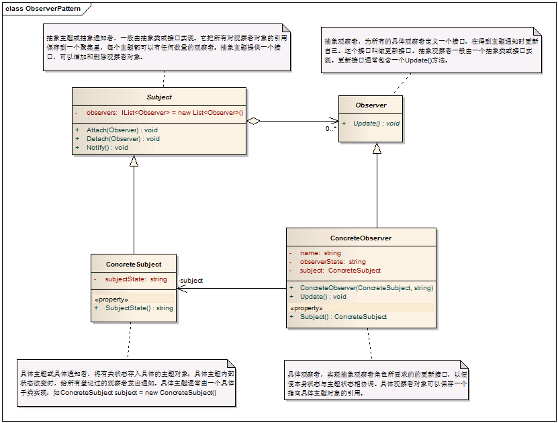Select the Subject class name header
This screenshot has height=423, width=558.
pyautogui.click(x=159, y=97)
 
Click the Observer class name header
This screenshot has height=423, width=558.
pyautogui.click(x=371, y=105)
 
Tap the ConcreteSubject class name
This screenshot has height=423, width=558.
pyautogui.click(x=134, y=264)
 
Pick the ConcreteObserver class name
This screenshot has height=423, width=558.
pyautogui.click(x=361, y=238)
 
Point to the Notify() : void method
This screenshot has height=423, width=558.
pyautogui.click(x=107, y=147)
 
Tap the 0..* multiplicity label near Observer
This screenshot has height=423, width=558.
pyautogui.click(x=331, y=128)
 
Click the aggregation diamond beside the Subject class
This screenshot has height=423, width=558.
pyautogui.click(x=253, y=122)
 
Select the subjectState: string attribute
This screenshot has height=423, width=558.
pyautogui.click(x=136, y=279)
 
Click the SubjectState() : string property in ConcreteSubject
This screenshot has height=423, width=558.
pyautogui.click(x=139, y=308)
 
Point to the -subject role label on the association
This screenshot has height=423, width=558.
pyautogui.click(x=191, y=281)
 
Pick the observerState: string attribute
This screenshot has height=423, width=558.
pyautogui.click(x=332, y=262)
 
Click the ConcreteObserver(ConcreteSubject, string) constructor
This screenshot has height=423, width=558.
pyautogui.click(x=366, y=287)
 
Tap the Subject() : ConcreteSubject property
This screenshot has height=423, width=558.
pyautogui.click(x=343, y=316)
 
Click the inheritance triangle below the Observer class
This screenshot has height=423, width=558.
pyautogui.click(x=377, y=148)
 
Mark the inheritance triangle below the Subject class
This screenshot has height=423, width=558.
pyautogui.click(x=134, y=160)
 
